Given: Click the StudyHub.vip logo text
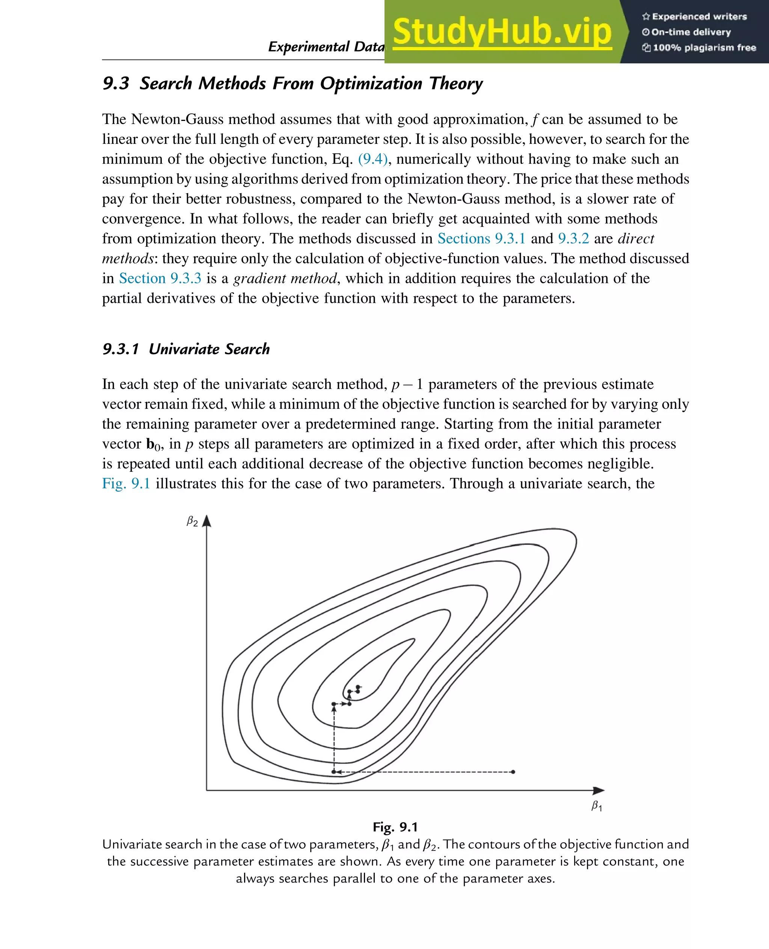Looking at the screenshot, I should [x=502, y=32].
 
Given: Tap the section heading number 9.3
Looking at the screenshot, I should [x=116, y=83].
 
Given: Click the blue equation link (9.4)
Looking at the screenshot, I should [x=372, y=159].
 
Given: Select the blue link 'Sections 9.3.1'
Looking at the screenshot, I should [x=481, y=239].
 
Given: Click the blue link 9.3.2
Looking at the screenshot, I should [x=573, y=239].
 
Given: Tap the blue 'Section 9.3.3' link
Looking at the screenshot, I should [x=160, y=278].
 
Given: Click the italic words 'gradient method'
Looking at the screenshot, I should [x=285, y=278].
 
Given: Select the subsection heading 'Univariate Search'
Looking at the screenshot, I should [x=209, y=349].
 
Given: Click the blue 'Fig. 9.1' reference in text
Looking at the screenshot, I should [x=126, y=483].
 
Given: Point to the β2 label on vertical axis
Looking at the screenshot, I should [x=192, y=521].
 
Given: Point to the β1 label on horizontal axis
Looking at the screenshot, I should [x=597, y=805].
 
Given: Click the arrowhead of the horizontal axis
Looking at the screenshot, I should [x=599, y=790].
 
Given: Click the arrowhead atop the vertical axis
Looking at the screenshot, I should [x=207, y=521].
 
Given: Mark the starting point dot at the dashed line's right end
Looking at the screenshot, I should [x=513, y=772].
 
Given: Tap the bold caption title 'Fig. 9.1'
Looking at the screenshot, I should [x=395, y=827].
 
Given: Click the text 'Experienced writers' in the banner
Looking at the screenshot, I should [x=699, y=17].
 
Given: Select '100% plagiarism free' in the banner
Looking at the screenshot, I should [x=704, y=48].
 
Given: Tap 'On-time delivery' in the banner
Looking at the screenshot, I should [x=691, y=32].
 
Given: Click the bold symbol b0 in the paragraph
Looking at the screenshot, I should [x=153, y=444].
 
